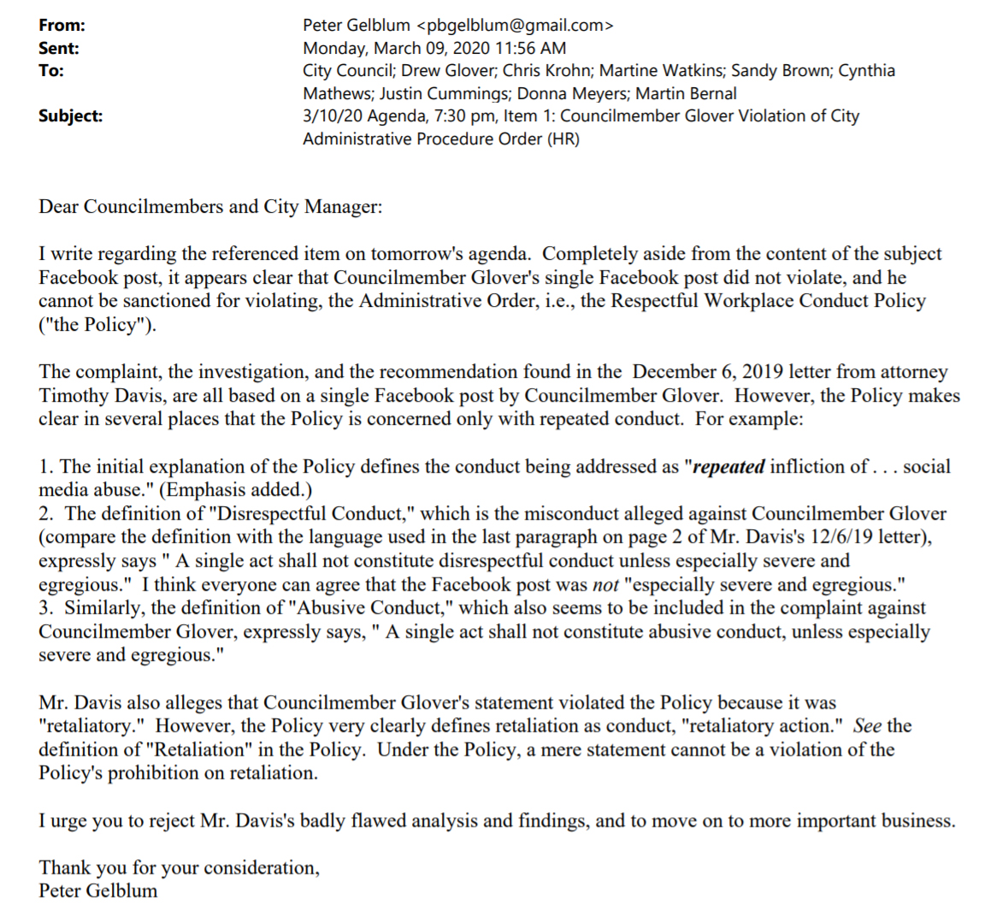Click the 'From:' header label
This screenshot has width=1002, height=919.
click(62, 26)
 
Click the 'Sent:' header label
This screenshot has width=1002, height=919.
click(59, 49)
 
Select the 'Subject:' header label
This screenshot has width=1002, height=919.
click(70, 116)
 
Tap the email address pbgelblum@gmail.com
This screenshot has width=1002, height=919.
click(515, 26)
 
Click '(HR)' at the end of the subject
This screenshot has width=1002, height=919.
click(563, 138)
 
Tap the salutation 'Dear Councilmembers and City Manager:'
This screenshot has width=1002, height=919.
click(210, 207)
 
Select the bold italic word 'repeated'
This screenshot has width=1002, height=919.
click(728, 467)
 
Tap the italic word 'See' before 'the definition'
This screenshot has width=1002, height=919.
click(867, 726)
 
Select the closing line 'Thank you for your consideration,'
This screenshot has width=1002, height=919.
click(180, 868)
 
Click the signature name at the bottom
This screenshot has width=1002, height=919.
click(98, 891)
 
